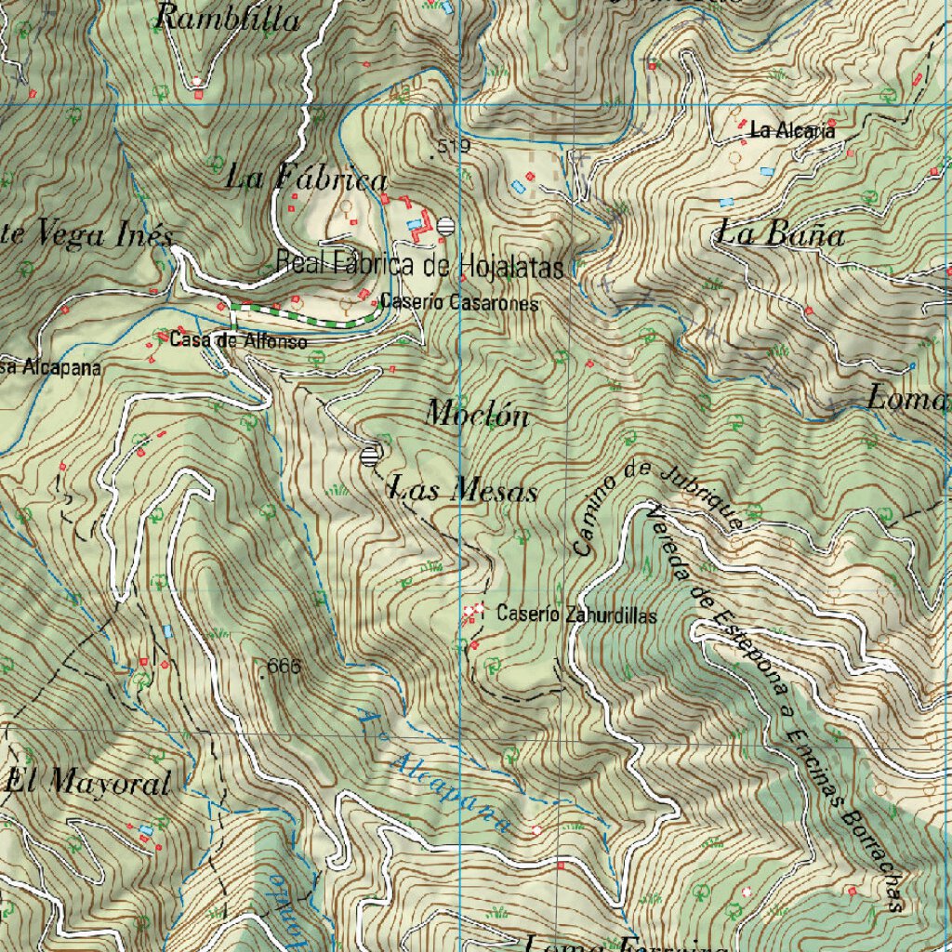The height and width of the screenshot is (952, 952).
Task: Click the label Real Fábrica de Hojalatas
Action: tap(420, 266)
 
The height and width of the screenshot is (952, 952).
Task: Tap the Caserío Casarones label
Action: tap(459, 303)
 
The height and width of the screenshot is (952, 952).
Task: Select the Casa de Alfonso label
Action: tap(238, 341)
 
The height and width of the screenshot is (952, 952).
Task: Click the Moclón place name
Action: tap(477, 414)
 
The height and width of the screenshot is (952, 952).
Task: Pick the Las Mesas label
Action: tap(463, 489)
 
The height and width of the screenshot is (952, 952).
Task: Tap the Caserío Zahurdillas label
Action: tap(576, 615)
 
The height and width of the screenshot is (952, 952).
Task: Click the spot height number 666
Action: tap(284, 667)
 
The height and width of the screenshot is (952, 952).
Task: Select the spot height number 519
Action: tap(454, 147)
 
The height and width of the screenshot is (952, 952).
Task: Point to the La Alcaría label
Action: tap(792, 132)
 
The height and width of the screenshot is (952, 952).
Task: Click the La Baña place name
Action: tap(781, 234)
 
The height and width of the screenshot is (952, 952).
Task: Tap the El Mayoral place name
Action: tap(88, 783)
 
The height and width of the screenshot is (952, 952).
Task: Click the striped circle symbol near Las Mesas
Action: tap(371, 456)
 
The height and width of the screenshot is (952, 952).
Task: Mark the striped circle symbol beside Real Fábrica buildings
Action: tap(446, 225)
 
